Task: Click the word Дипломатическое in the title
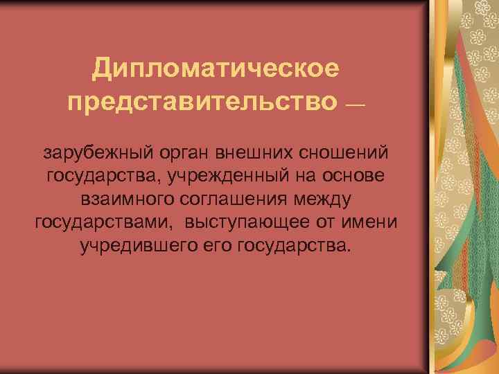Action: click(x=216, y=69)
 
